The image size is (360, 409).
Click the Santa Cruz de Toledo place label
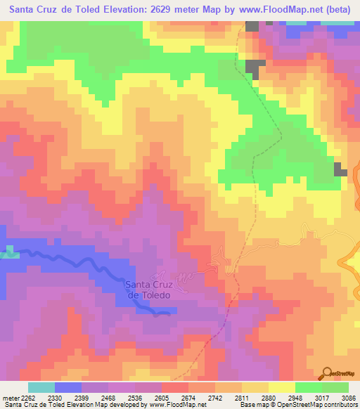(148, 290)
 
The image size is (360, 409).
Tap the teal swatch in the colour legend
(41, 387)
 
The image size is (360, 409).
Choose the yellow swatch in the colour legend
(282, 387)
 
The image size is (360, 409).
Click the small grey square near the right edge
(341, 169)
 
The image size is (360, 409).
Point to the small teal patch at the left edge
(8, 252)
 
